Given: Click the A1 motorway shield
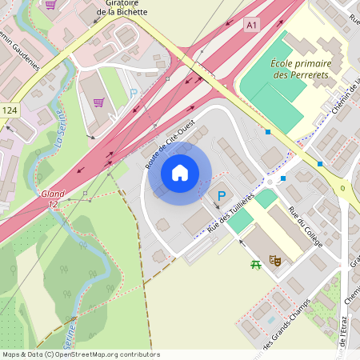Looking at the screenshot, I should tap(253, 26).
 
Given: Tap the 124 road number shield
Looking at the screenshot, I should tap(10, 110).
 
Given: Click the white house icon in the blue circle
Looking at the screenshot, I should tap(180, 173).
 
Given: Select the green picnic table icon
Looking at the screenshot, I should tap(256, 264).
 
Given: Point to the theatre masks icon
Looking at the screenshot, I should tap(274, 260).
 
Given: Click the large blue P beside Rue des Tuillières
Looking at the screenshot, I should tap(220, 196).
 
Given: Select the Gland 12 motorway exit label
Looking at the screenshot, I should tap(50, 199).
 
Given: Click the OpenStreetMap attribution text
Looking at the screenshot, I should tap(81, 354).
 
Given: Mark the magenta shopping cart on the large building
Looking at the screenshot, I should tap(98, 102).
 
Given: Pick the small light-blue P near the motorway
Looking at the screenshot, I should tap(134, 92).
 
